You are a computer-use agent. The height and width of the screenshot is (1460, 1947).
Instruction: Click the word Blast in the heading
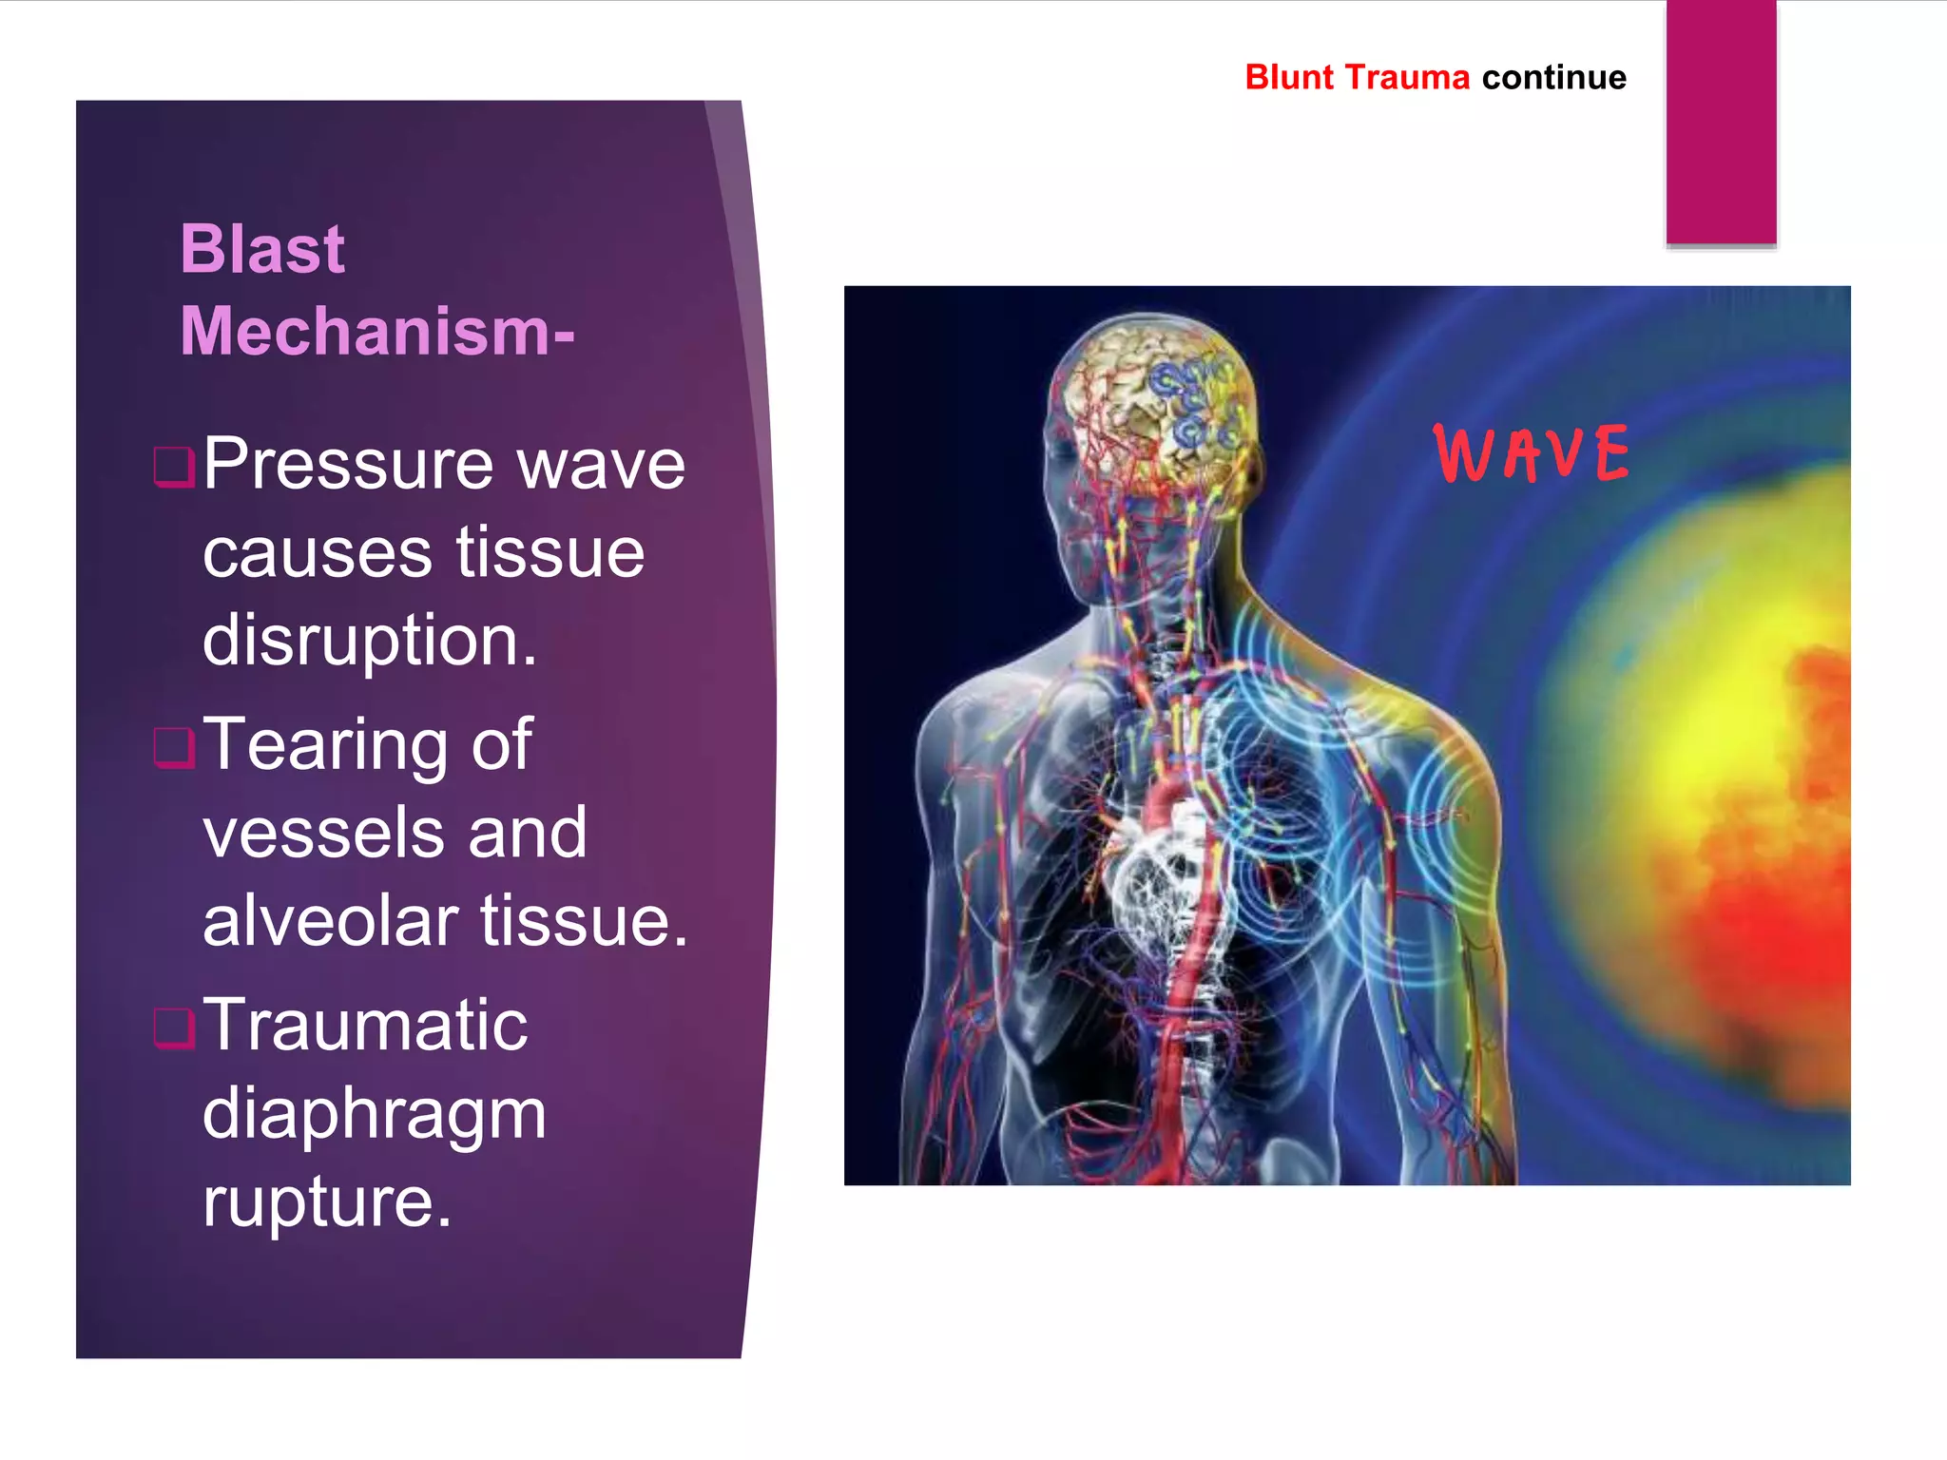[262, 249]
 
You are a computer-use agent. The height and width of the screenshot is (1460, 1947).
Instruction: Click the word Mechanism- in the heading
[376, 332]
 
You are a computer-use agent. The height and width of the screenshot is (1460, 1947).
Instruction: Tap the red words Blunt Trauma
[1357, 77]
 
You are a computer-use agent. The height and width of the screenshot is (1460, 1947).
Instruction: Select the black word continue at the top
[1553, 77]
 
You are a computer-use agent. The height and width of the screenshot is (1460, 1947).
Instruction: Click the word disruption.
[369, 640]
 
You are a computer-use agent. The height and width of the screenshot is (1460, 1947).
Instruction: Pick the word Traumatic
[365, 1025]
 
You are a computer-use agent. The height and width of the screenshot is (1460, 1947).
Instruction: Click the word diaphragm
[374, 1113]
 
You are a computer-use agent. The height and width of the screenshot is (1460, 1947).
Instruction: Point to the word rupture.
[326, 1201]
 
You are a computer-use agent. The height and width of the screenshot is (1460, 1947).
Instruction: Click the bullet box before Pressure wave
[174, 466]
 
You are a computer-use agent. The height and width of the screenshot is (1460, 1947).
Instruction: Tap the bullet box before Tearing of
[174, 746]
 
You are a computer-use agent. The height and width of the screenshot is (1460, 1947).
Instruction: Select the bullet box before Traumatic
[174, 1027]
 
